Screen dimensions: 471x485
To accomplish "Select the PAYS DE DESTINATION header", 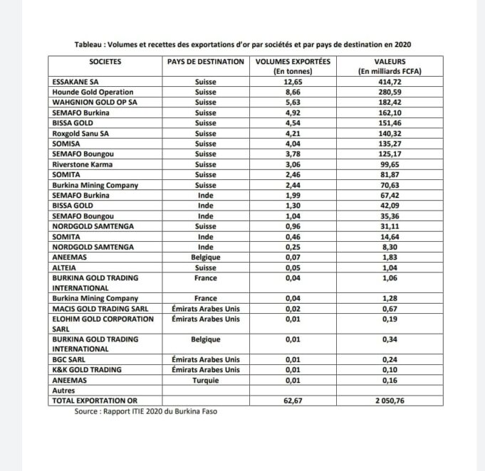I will pos(206,62).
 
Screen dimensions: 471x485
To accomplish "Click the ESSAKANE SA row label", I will pos(73,83).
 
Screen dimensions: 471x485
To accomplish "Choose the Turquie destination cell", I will pos(206,380).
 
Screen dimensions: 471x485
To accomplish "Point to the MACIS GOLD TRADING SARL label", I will pos(94,308).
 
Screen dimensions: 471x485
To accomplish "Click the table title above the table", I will pos(242,44).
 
